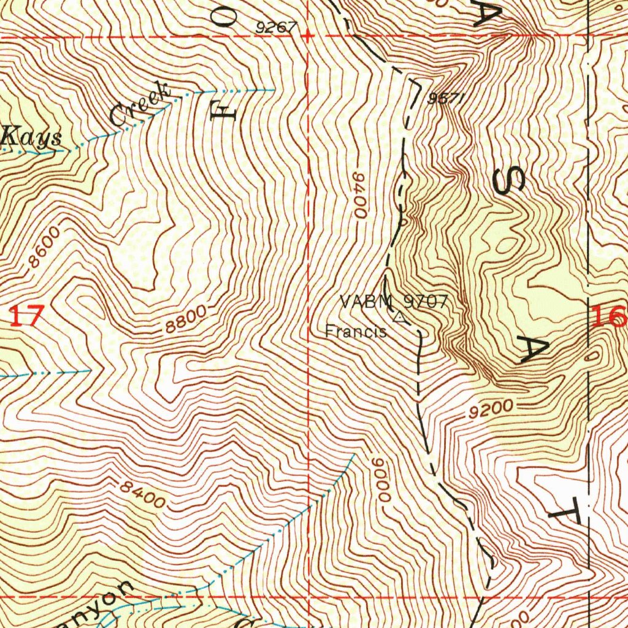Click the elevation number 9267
coord(277,27)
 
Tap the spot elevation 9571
coord(444,99)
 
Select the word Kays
coord(31,137)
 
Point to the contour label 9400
coord(359,195)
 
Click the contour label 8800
coord(186,320)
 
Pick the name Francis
coord(356,332)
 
